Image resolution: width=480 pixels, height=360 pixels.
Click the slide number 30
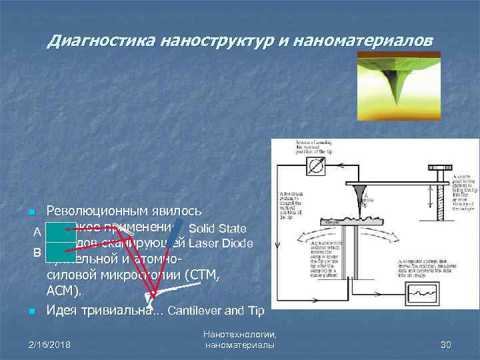[x=446, y=345]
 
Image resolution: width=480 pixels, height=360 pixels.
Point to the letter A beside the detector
[x=39, y=232]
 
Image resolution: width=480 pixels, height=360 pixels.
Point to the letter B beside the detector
[x=39, y=252]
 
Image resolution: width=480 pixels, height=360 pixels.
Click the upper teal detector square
[x=61, y=232]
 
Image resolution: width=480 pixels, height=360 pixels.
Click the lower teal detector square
[x=61, y=252]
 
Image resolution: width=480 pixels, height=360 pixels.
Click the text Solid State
[x=218, y=229]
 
